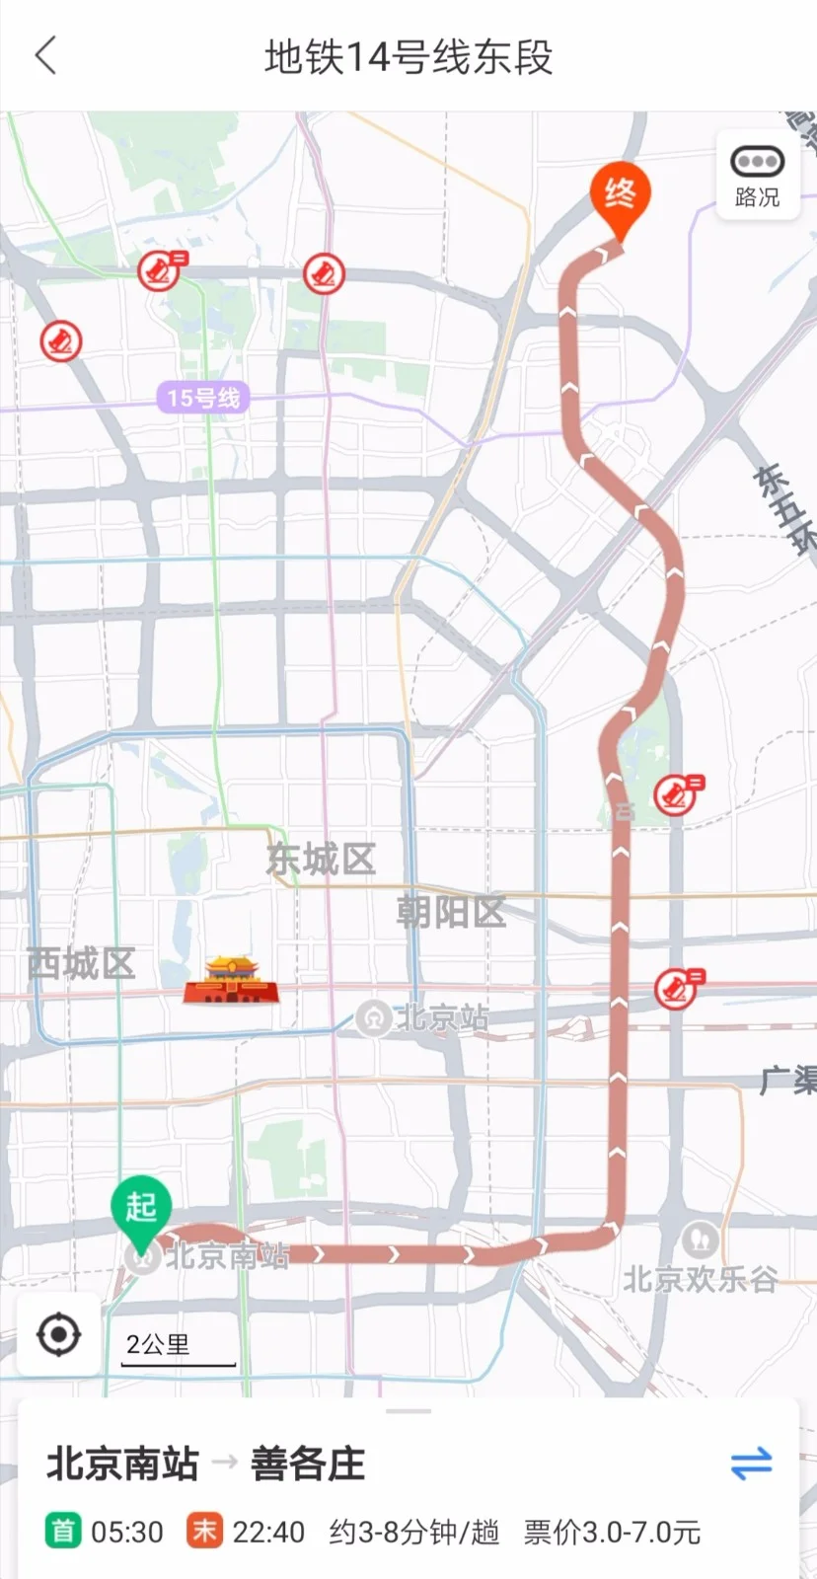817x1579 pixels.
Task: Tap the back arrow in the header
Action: click(x=45, y=56)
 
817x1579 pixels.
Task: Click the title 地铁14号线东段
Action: click(x=408, y=57)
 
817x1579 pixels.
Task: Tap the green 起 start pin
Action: click(x=141, y=1208)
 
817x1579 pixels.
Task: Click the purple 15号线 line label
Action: click(x=203, y=399)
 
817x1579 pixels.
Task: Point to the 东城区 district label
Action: click(x=321, y=860)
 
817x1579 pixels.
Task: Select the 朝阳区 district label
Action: click(x=451, y=912)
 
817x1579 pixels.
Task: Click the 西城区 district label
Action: click(x=81, y=963)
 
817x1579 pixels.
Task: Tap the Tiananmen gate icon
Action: click(x=231, y=979)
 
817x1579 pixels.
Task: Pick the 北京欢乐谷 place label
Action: click(x=700, y=1279)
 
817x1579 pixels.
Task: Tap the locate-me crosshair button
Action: click(x=58, y=1335)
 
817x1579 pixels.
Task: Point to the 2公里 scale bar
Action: click(x=178, y=1349)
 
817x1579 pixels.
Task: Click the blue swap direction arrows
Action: click(x=751, y=1463)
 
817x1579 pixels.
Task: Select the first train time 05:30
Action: click(x=126, y=1532)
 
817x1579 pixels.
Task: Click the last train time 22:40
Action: click(x=268, y=1532)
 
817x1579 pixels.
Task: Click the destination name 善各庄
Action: click(x=308, y=1463)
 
